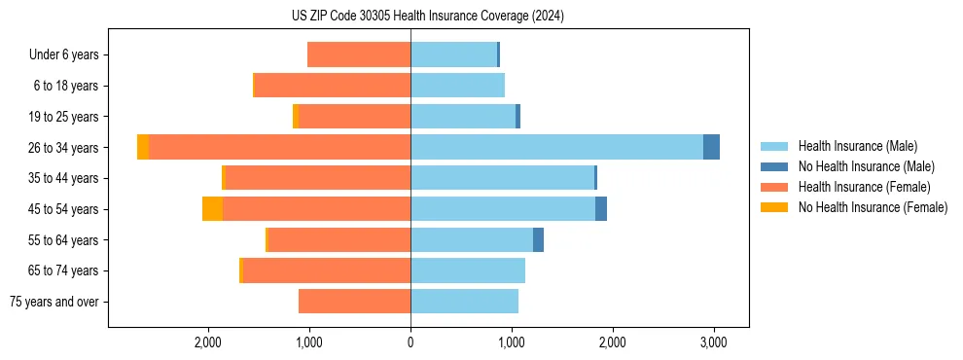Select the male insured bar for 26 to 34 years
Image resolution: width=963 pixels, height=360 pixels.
click(x=556, y=147)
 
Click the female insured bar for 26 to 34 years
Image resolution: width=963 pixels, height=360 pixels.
click(x=279, y=147)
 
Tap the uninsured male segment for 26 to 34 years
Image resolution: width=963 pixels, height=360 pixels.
click(x=711, y=147)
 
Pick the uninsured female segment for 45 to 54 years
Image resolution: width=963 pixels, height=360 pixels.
click(x=212, y=209)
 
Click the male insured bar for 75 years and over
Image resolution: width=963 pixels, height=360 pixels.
click(x=464, y=302)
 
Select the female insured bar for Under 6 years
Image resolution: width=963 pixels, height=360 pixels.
click(x=359, y=54)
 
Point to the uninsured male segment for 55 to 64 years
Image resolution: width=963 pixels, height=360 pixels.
click(x=538, y=240)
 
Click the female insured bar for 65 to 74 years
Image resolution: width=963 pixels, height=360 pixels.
click(x=327, y=270)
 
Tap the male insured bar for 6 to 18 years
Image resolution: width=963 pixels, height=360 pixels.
click(x=457, y=86)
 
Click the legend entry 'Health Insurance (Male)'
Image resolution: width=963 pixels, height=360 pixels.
click(x=857, y=146)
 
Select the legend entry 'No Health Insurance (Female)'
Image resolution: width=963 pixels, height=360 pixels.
click(x=873, y=207)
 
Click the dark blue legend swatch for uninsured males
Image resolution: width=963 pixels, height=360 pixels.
click(x=774, y=166)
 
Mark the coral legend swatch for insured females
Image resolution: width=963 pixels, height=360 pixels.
click(x=774, y=187)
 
